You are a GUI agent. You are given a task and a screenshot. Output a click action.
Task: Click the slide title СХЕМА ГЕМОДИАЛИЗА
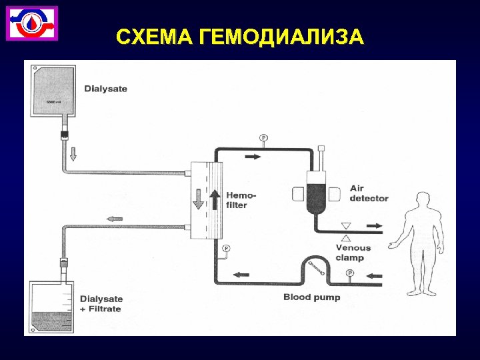click(240, 37)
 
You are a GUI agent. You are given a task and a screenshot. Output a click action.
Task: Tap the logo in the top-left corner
click(32, 23)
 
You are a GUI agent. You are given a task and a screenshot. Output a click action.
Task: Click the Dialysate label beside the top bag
click(105, 89)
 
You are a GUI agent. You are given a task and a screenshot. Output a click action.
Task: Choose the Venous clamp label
click(353, 252)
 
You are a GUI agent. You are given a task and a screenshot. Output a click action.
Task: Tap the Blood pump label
click(311, 297)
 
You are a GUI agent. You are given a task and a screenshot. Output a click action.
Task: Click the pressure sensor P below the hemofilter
click(225, 249)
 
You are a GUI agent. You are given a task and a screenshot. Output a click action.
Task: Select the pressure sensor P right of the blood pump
click(350, 273)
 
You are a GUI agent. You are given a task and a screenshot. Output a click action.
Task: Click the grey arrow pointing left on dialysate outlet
click(115, 218)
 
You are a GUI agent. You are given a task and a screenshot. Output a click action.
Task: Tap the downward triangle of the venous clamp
click(346, 225)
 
